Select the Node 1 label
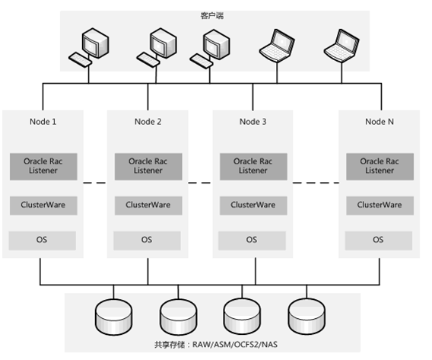43,122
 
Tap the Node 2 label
148,122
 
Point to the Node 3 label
253,122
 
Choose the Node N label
379,122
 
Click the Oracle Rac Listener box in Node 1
43,166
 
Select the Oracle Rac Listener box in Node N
379,166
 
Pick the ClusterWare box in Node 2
148,205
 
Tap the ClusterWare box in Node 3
253,205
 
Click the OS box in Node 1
43,239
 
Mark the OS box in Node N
379,239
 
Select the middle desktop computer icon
157,46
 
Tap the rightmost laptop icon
340,46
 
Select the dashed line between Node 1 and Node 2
92,183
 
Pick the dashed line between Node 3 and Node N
315,183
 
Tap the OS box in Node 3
253,239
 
